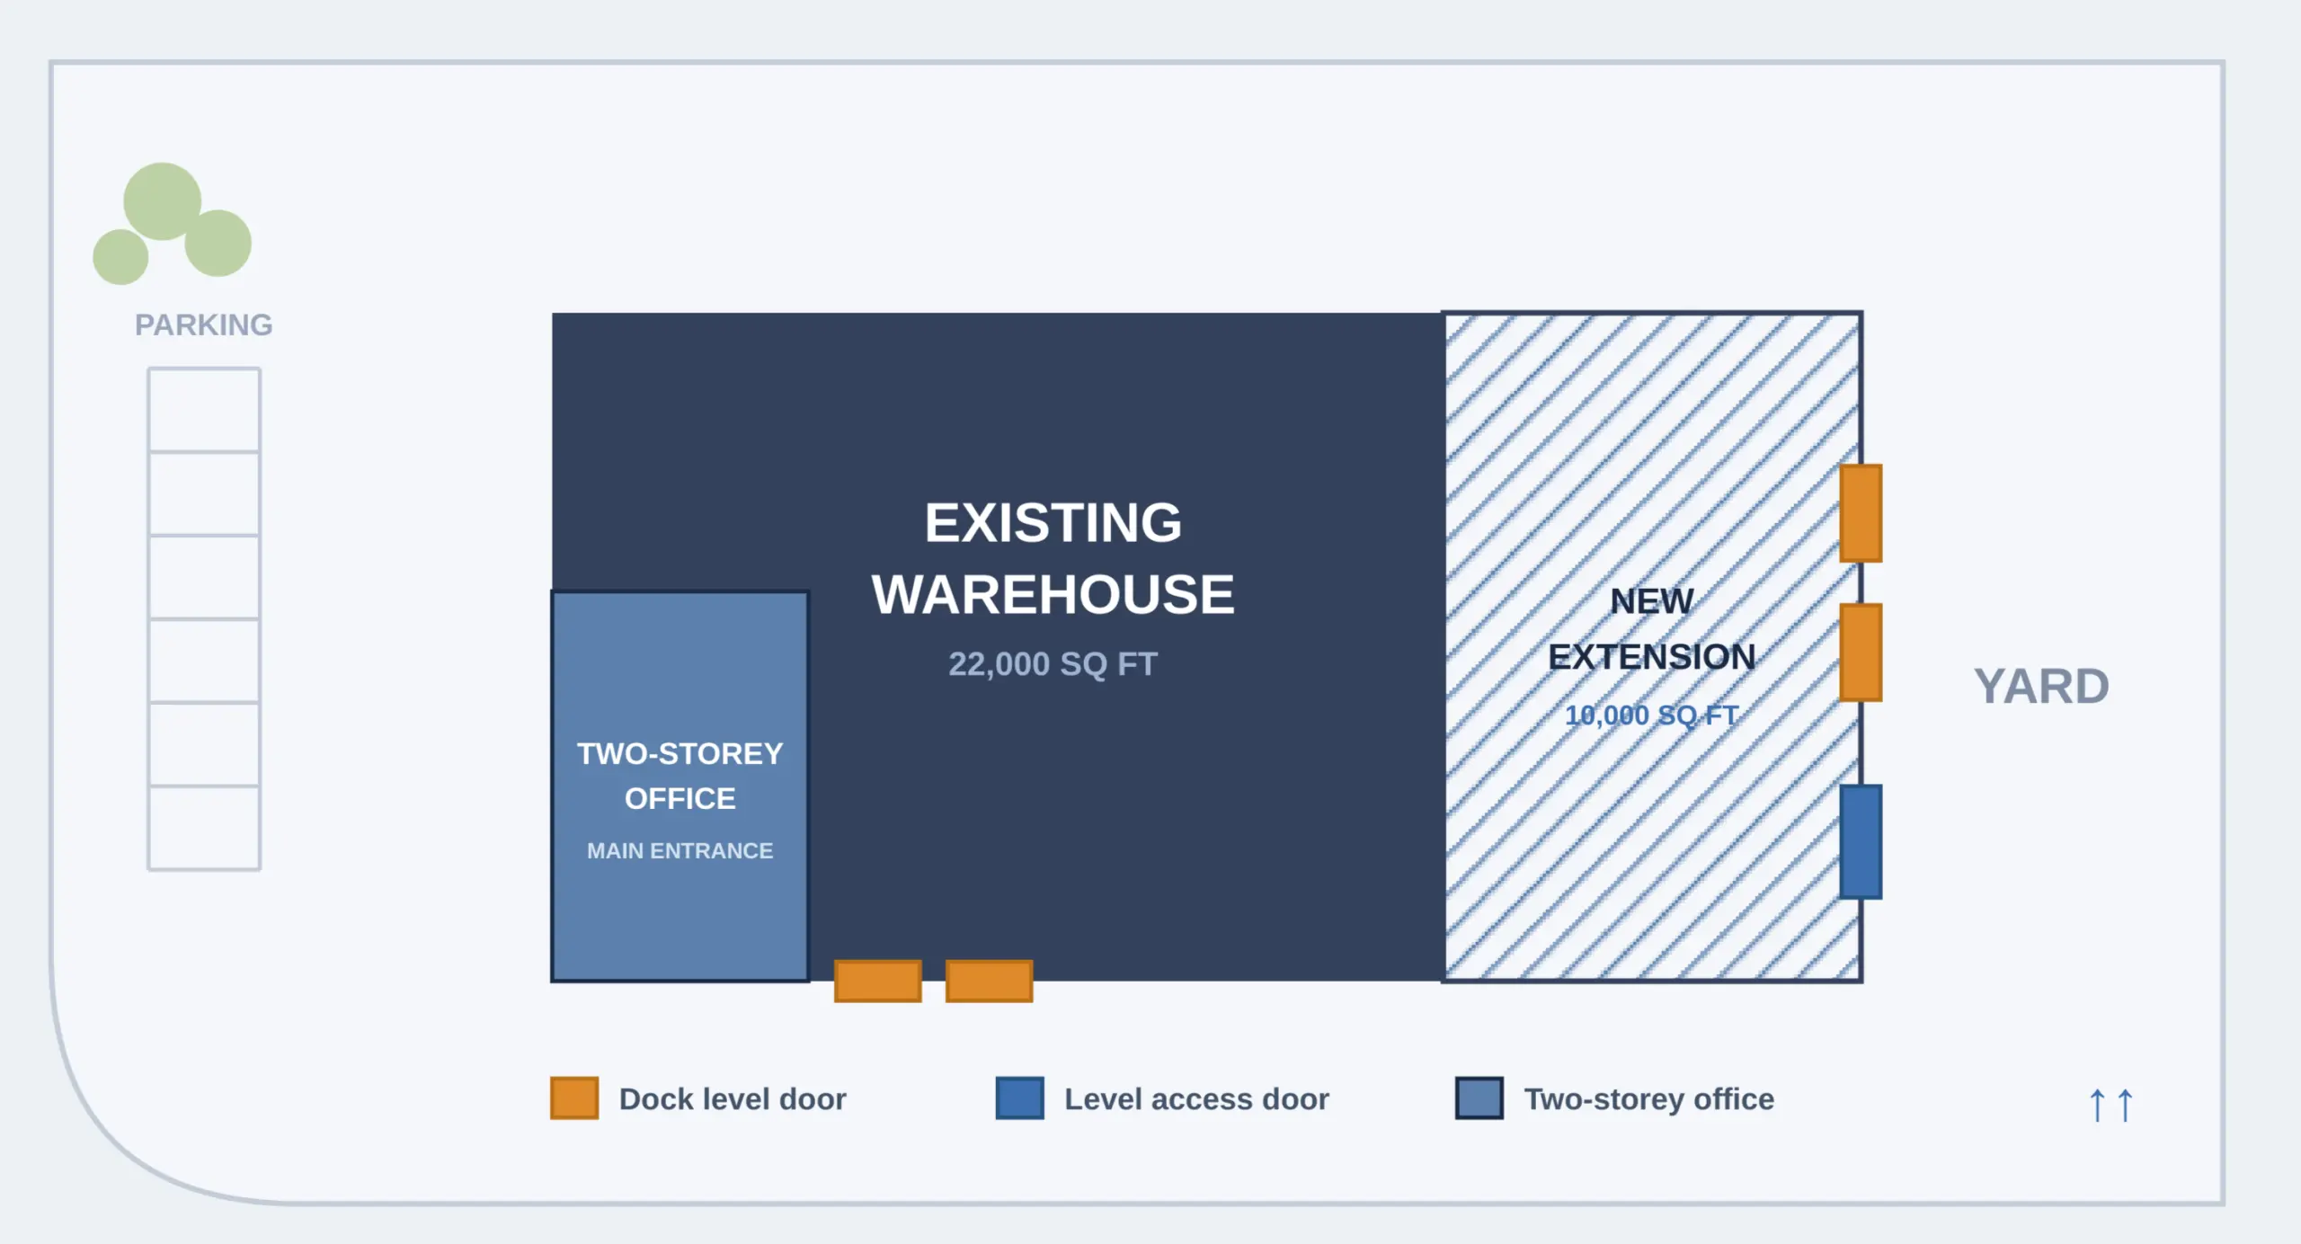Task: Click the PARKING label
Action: pos(203,324)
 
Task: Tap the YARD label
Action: pos(2041,686)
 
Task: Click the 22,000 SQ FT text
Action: pos(1053,664)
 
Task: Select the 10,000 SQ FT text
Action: pos(1651,715)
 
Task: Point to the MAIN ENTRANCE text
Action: pos(680,850)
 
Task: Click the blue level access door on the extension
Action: pos(1861,841)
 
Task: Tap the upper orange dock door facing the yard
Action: pos(1861,513)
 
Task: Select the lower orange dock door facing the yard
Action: pos(1861,653)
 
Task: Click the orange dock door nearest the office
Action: pos(878,981)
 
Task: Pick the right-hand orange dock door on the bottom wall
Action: pos(989,981)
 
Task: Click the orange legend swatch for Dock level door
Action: pos(574,1097)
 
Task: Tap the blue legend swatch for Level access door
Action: pos(1020,1097)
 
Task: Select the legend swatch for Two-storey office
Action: pos(1479,1097)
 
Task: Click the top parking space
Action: pos(204,409)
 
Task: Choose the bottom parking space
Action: pos(204,828)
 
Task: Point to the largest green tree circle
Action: pos(162,201)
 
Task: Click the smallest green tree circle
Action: pos(120,257)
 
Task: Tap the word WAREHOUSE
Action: pos(1053,594)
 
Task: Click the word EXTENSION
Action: pos(1651,657)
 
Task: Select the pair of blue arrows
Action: pos(2110,1105)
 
